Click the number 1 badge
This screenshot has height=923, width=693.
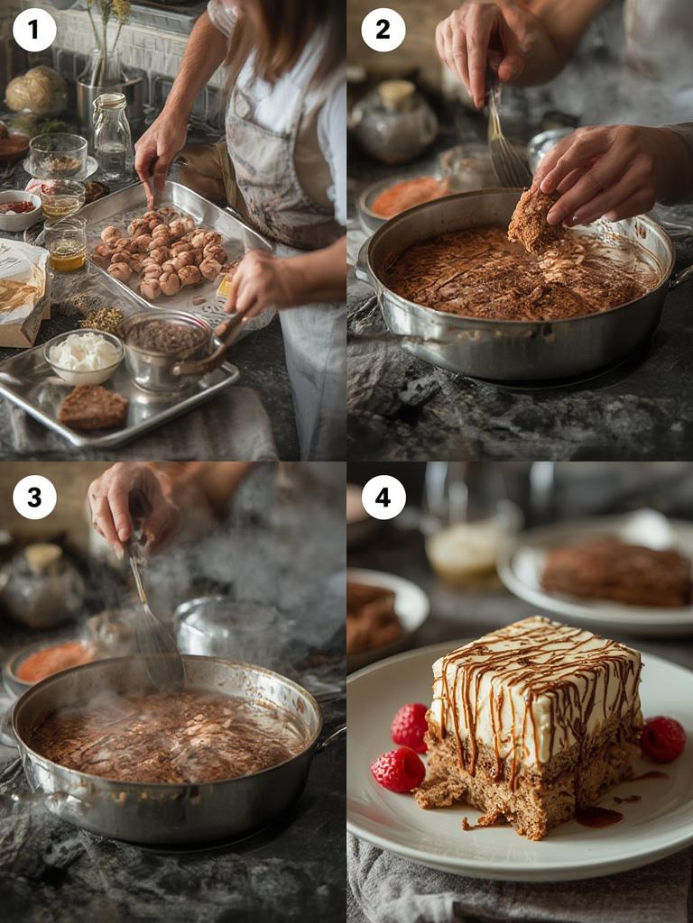(x=34, y=30)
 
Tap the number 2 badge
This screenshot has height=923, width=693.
(x=383, y=30)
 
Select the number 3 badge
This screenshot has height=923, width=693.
(x=34, y=497)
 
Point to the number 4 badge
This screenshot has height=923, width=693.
(x=383, y=497)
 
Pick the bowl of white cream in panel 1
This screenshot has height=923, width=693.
(x=83, y=354)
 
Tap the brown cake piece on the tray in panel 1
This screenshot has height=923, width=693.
(x=93, y=407)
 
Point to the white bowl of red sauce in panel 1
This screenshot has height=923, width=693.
(x=18, y=208)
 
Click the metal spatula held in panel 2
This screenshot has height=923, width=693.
(x=505, y=144)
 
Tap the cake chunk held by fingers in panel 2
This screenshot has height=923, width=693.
(x=534, y=219)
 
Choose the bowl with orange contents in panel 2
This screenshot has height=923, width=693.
(x=406, y=196)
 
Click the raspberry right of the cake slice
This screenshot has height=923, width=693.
(x=662, y=738)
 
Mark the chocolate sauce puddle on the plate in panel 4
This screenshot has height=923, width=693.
(x=598, y=817)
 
